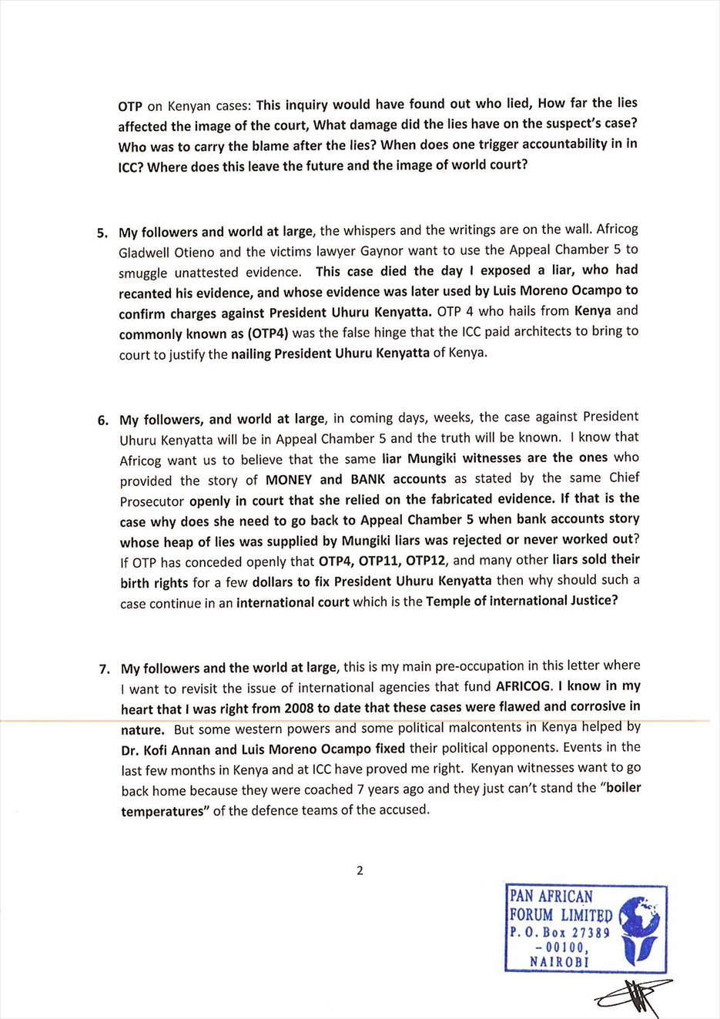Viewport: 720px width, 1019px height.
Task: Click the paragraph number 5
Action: (x=102, y=233)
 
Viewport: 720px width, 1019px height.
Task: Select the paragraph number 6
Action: (x=102, y=421)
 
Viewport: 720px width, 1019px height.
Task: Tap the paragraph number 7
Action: (x=104, y=669)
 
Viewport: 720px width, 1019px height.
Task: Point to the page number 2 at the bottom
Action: (x=360, y=871)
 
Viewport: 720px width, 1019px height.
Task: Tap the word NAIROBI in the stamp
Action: (x=559, y=962)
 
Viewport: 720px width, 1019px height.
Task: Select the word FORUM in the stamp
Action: (x=531, y=915)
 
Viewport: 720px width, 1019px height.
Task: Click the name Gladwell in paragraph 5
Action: (x=144, y=252)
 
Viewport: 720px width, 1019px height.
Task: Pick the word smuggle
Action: (x=144, y=273)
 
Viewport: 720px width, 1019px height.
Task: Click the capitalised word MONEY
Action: (x=289, y=479)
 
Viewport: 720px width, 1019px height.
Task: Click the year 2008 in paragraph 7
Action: (x=299, y=708)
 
